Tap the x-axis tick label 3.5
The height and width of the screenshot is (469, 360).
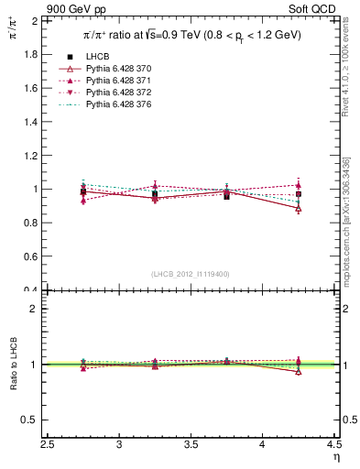[191, 446]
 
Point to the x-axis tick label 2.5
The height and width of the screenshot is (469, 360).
[48, 446]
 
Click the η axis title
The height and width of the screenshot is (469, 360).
[335, 457]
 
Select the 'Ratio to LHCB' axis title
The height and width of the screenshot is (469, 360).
[14, 365]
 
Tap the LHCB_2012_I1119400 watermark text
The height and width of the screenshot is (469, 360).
[191, 274]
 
